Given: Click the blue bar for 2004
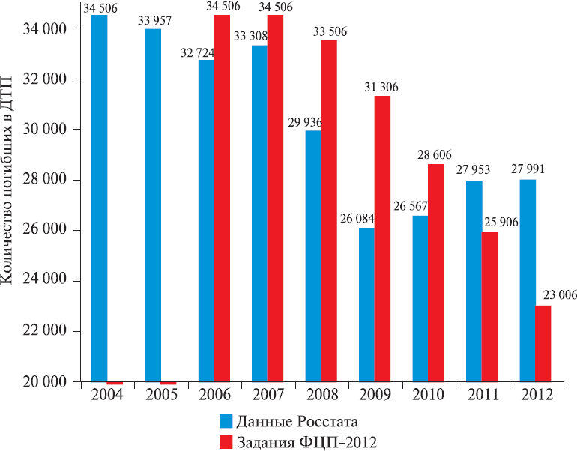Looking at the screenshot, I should pyautogui.click(x=99, y=199).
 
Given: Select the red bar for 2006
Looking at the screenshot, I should pyautogui.click(x=222, y=199).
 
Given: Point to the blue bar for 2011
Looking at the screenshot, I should pyautogui.click(x=474, y=281).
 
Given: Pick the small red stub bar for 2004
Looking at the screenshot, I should pyautogui.click(x=115, y=383).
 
